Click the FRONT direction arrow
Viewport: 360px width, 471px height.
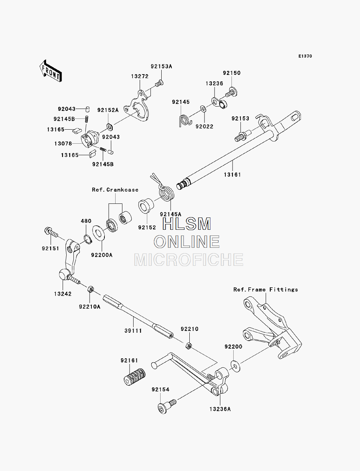51,71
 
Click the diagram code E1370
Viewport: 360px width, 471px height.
305,56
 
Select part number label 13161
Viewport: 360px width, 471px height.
232,175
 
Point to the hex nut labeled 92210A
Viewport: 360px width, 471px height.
90,289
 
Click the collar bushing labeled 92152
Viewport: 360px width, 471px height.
146,206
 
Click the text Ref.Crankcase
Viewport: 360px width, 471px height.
115,190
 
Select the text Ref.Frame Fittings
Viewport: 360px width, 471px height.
266,290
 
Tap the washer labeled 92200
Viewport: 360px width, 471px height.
235,367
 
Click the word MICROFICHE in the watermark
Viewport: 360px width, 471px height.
189,260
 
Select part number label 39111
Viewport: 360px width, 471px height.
133,331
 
